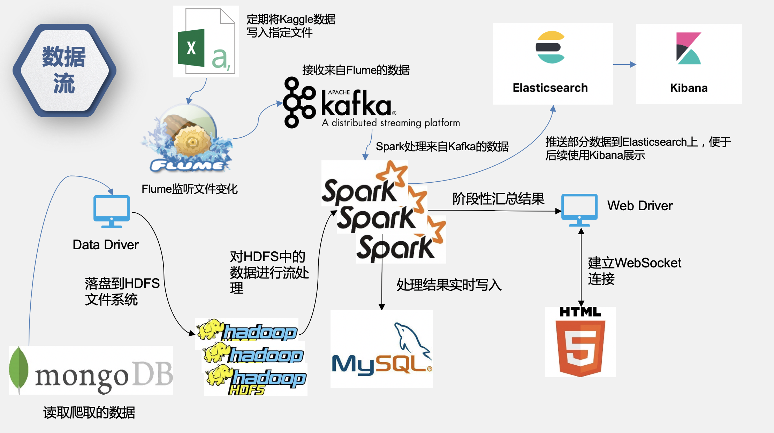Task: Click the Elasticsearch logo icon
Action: tap(550, 47)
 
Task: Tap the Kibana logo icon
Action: tap(689, 48)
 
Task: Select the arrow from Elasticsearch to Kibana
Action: tap(624, 64)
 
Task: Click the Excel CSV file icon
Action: tap(206, 41)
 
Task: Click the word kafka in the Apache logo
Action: tap(356, 104)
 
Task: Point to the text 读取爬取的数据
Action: tap(89, 412)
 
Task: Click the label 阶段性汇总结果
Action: tap(498, 199)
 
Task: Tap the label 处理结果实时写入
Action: tap(449, 285)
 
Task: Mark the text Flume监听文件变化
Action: tap(189, 189)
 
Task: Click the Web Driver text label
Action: tap(640, 206)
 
